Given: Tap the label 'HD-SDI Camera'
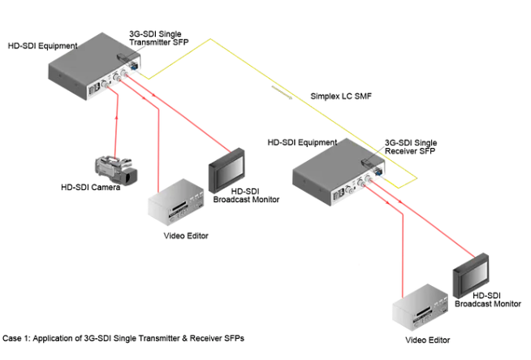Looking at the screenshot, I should [91, 188].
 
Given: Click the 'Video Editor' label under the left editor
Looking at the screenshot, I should [186, 236].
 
